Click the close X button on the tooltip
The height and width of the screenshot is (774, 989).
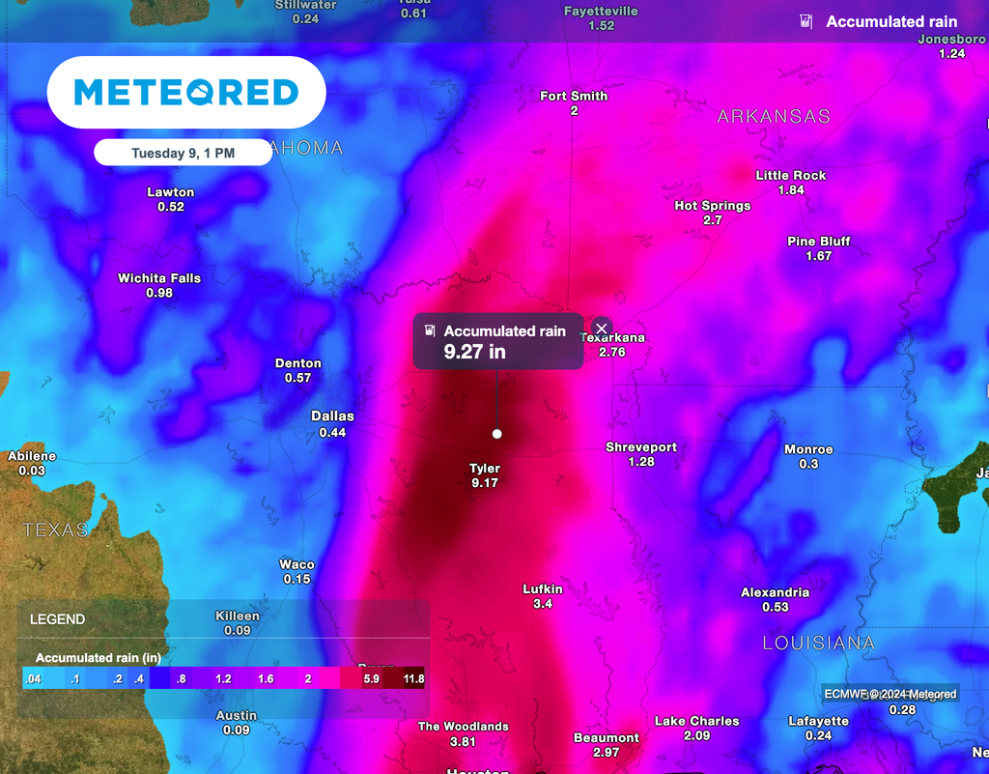point(602,329)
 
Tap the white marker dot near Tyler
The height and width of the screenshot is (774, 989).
point(497,434)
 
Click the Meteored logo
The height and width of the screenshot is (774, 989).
point(186,93)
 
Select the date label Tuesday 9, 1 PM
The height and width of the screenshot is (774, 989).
point(183,153)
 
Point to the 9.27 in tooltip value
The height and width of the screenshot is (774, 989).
point(474,352)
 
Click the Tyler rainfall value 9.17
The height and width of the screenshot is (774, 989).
point(485,482)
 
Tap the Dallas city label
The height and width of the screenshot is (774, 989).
point(332,416)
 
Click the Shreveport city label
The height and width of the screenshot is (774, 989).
point(641,447)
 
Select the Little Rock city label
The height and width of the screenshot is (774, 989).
point(791,175)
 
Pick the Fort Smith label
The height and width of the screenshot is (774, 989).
point(574,96)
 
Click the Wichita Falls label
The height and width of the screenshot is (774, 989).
point(159,278)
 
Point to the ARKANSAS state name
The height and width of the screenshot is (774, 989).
point(774,116)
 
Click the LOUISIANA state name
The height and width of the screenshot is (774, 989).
point(819,643)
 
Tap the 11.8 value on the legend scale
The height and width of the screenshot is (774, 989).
point(413,679)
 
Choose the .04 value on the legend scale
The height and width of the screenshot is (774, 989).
point(33,679)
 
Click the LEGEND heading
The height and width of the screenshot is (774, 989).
point(57,619)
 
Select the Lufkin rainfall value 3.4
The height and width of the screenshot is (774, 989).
point(543,604)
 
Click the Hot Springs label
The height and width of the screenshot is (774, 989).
point(713,206)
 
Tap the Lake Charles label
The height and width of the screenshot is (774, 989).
point(697,721)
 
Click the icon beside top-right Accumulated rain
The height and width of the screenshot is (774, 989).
point(805,21)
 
